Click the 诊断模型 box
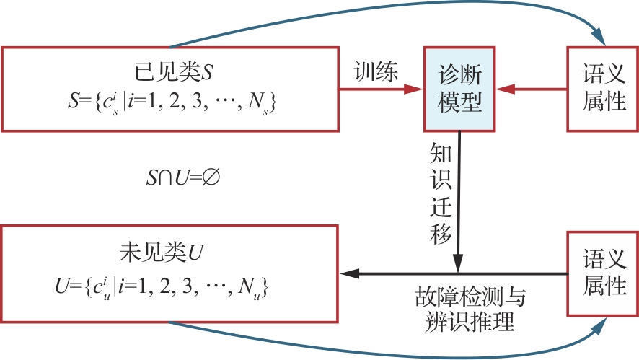(x=460, y=89)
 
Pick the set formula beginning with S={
(x=172, y=104)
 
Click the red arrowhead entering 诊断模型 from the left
(x=415, y=89)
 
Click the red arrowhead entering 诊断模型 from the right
(x=506, y=89)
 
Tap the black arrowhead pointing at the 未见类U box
(x=348, y=273)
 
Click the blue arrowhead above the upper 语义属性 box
(x=599, y=37)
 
